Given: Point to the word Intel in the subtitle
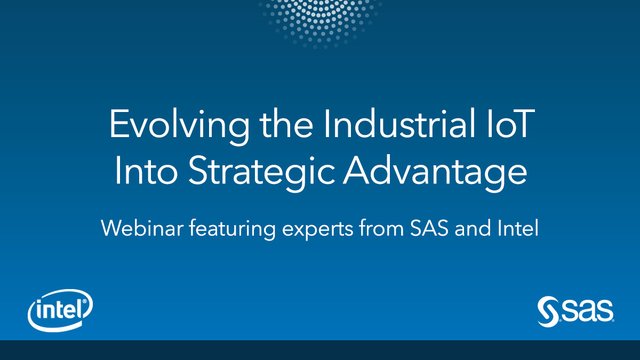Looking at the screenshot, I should click(x=516, y=229).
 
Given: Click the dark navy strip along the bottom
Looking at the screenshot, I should click(x=320, y=350).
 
